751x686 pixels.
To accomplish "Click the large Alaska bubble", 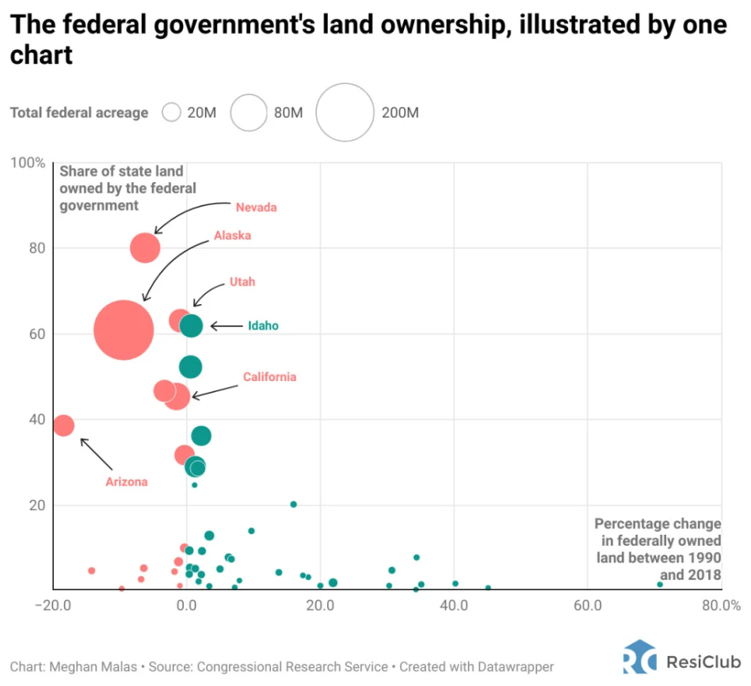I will point(123,330).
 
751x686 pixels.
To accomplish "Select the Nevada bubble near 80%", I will point(145,248).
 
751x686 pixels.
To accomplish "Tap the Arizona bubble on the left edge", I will point(63,425).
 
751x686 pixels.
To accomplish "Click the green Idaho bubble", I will point(191,326).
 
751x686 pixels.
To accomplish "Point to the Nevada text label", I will point(256,208).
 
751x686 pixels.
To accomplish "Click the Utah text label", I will point(242,282).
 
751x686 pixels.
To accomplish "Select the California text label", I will point(269,377).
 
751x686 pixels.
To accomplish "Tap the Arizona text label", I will point(127,482).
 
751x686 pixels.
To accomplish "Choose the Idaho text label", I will point(263,326).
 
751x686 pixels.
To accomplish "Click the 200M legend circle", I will point(345,112).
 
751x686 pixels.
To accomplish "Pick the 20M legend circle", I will point(172,112).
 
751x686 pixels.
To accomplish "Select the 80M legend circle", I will point(249,112).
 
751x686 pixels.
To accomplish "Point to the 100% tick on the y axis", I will point(28,162).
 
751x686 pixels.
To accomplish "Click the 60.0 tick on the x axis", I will point(587,605).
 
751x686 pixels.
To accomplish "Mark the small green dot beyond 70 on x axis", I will point(660,585).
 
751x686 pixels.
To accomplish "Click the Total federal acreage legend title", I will point(79,112).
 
